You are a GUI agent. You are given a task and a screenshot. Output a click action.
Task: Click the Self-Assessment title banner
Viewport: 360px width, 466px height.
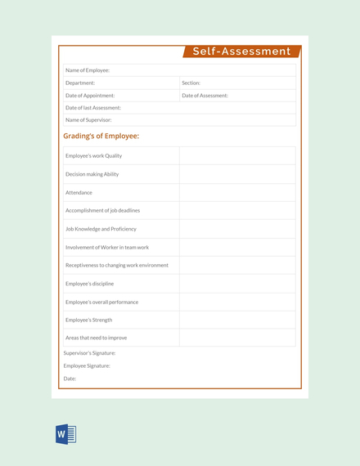(241, 52)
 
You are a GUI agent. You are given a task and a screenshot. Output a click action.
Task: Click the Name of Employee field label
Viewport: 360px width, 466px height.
(88, 70)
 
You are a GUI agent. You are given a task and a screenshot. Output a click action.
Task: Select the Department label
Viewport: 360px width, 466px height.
(80, 83)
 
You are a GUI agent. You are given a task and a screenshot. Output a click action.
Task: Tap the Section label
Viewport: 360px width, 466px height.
(191, 83)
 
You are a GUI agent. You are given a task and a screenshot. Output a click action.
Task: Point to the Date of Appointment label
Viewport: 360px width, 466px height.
(90, 95)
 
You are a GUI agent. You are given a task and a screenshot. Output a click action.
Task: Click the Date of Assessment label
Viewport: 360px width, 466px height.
(205, 95)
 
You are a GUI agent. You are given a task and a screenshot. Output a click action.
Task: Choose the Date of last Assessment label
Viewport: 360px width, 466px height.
(93, 107)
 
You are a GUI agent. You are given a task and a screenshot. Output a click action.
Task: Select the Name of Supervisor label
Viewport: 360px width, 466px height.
(88, 119)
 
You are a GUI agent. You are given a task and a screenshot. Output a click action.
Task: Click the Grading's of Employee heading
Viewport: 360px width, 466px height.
(101, 136)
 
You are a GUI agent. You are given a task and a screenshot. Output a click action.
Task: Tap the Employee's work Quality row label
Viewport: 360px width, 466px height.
(94, 155)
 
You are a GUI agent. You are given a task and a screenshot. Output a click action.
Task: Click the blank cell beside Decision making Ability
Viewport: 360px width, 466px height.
(237, 174)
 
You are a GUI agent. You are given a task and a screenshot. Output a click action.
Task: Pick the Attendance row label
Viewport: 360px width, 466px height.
(79, 192)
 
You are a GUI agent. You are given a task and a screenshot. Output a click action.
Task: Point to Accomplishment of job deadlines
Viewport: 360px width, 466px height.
(102, 210)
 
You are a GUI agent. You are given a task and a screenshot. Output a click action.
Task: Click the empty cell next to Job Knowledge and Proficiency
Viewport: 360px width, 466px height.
(237, 229)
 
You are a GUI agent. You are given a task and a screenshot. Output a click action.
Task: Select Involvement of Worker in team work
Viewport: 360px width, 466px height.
(107, 247)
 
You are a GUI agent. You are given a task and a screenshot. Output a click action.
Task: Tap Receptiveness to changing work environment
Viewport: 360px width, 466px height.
(117, 265)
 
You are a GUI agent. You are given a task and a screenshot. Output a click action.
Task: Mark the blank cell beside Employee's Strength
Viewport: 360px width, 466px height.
(237, 320)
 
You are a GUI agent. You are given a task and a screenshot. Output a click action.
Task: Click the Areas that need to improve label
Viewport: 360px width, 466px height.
(96, 338)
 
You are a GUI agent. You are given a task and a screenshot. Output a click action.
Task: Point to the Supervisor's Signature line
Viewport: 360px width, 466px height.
(89, 353)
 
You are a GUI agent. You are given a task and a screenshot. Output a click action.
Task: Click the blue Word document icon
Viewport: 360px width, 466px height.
(65, 435)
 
